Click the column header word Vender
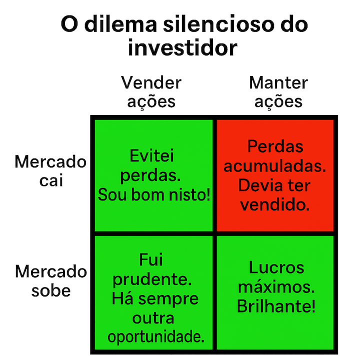pos(151,82)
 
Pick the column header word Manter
pos(278,82)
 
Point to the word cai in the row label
pos(51,180)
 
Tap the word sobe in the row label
pos(51,290)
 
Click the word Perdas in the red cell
pos(275,146)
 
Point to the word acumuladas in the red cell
pos(274,166)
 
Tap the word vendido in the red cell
pos(274,204)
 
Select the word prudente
pos(151,279)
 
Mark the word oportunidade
pos(156,337)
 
